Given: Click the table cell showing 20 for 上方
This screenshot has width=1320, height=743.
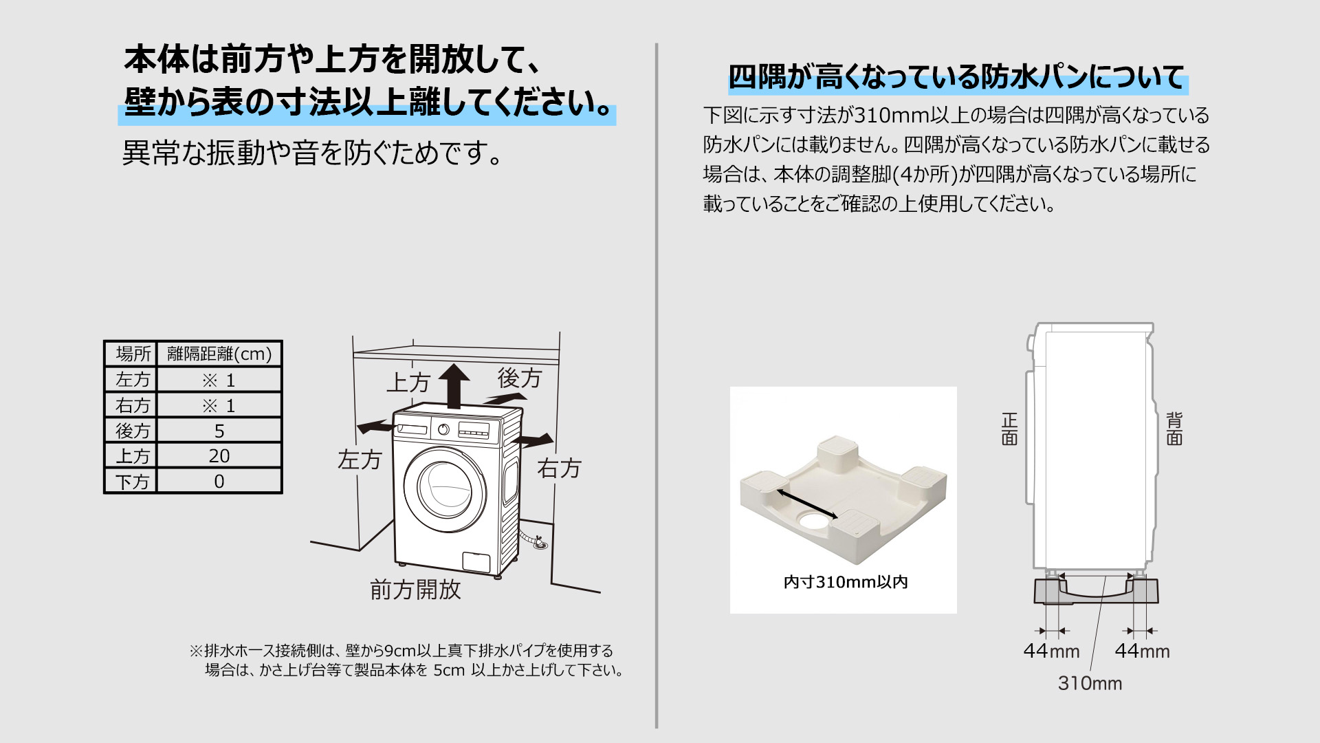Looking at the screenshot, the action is tap(219, 455).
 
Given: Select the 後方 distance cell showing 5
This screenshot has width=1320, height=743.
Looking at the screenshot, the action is tap(219, 431).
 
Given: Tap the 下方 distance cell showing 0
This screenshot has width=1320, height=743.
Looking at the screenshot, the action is tap(219, 481).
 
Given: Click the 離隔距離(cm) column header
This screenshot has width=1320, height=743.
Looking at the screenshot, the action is tap(219, 354).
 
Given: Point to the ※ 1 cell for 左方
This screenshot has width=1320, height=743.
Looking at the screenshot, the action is tap(219, 380).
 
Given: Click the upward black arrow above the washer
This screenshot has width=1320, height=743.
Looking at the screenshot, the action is tap(454, 385).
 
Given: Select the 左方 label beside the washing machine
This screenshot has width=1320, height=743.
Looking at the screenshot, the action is tap(360, 460).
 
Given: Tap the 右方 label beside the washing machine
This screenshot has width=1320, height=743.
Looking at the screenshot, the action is tap(559, 469).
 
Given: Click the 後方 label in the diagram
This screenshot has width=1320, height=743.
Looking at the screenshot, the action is tap(520, 378).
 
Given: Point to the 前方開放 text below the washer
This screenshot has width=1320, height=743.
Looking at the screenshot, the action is tap(415, 590).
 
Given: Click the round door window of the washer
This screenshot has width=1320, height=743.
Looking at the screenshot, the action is tap(445, 491).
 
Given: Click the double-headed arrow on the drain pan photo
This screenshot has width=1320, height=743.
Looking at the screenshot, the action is tap(808, 504).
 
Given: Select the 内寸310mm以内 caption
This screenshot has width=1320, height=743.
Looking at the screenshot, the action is tap(846, 582).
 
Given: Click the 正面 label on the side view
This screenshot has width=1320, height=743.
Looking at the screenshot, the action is tap(1009, 429).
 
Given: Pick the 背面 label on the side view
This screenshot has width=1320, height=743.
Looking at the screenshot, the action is tap(1174, 429).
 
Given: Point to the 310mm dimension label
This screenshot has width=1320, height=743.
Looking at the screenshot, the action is tap(1090, 683).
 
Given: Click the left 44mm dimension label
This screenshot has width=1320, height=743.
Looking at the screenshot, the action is tap(1051, 651).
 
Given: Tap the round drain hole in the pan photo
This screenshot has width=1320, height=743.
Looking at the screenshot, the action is tap(814, 521).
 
